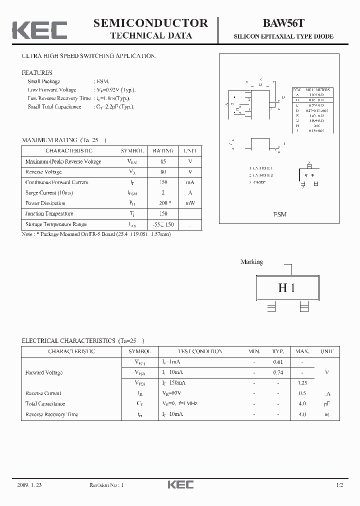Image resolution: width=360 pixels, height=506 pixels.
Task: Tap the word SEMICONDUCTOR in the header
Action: (150, 23)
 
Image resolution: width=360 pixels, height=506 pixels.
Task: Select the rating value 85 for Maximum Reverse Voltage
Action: (163, 161)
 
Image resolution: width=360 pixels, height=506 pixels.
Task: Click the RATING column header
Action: (163, 150)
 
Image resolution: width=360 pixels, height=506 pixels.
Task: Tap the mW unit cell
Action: (190, 203)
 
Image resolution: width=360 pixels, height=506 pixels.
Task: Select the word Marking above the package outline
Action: (251, 262)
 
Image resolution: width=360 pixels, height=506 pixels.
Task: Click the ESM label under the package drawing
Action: (280, 214)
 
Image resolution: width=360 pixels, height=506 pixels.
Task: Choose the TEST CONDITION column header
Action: (193, 351)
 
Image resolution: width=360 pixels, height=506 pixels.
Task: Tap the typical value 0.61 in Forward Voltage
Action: (278, 362)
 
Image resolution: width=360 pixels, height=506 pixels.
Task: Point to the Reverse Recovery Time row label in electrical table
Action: (51, 414)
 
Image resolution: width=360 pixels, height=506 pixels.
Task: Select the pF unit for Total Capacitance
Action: (327, 403)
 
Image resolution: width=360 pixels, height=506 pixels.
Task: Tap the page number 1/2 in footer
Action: (339, 485)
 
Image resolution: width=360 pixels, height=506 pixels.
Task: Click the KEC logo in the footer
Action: (180, 484)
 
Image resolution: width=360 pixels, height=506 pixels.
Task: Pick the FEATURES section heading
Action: (37, 73)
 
